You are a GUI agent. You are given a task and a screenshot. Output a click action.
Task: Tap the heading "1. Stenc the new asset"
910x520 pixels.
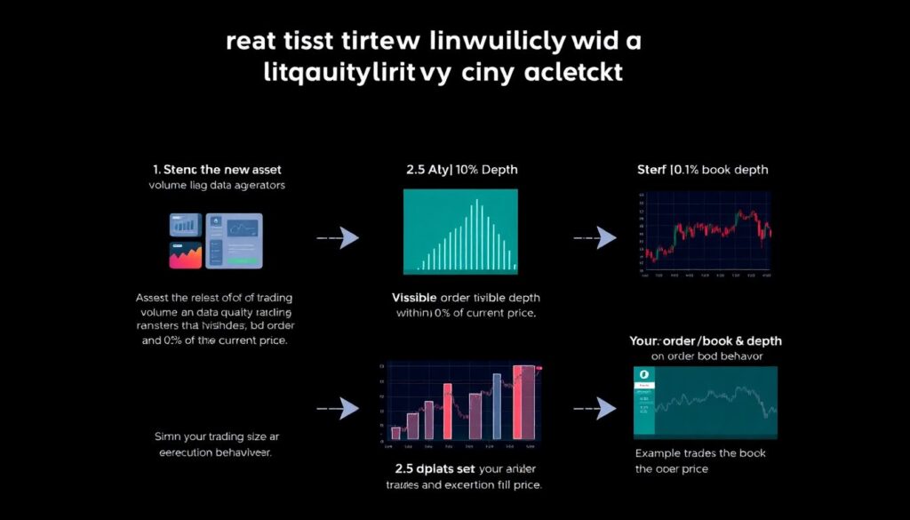[217, 170]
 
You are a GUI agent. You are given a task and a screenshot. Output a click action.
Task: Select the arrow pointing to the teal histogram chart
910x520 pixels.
[338, 237]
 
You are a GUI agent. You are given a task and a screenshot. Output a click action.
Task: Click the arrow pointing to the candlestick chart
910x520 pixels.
[595, 237]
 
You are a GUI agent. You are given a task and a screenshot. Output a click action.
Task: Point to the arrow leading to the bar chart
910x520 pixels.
[338, 408]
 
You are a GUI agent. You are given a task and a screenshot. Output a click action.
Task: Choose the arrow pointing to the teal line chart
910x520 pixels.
[595, 408]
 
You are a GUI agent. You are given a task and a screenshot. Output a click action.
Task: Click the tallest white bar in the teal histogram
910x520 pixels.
[477, 234]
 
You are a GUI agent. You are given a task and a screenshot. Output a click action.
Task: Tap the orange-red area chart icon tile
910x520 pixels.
[185, 255]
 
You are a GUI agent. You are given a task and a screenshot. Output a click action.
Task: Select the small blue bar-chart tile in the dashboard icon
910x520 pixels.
[185, 226]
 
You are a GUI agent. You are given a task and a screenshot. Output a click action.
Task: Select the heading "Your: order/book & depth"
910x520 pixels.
[705, 341]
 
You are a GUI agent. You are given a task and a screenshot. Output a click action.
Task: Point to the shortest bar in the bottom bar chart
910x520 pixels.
[395, 434]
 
